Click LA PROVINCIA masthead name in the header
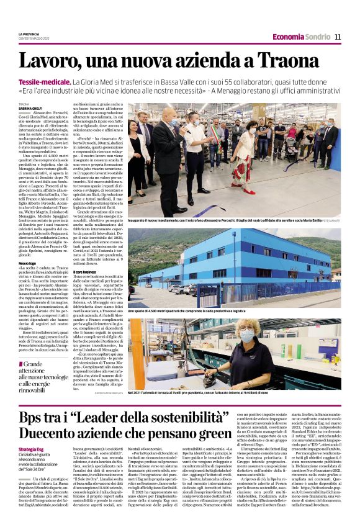[x=29, y=34]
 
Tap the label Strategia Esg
[x=31, y=449]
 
